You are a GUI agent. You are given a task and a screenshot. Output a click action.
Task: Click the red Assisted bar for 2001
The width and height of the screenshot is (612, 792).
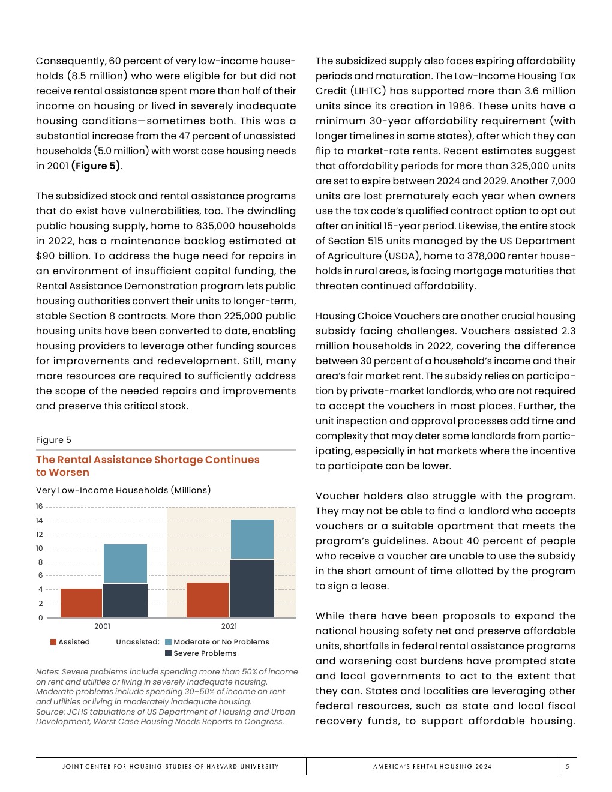click(x=81, y=602)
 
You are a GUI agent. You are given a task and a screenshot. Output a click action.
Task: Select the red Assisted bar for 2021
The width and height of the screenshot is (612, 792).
click(x=207, y=599)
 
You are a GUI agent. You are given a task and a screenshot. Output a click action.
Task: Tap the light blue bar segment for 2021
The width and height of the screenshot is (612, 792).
click(x=252, y=539)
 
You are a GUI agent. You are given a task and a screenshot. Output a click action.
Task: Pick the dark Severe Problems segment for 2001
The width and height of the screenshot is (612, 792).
click(x=125, y=600)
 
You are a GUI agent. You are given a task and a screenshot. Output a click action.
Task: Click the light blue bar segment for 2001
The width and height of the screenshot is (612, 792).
click(x=125, y=563)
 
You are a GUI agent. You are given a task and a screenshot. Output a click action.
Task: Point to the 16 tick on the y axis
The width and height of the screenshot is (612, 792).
click(x=39, y=506)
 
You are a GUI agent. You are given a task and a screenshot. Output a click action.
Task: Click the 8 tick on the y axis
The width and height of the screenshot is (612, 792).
click(x=41, y=562)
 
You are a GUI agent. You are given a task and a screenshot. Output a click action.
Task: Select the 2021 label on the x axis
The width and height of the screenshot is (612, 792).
click(x=229, y=626)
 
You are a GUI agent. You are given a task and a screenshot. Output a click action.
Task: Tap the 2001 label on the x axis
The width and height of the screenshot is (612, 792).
click(x=103, y=626)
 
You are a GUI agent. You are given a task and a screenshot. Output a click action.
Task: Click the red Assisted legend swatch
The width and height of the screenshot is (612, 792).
click(x=53, y=642)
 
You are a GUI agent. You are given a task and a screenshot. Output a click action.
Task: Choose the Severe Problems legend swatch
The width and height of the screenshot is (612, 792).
click(x=169, y=653)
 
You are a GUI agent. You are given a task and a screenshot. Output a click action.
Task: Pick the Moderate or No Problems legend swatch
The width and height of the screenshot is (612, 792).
click(x=169, y=642)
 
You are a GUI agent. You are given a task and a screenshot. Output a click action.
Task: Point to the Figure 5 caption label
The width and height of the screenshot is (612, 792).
click(x=53, y=440)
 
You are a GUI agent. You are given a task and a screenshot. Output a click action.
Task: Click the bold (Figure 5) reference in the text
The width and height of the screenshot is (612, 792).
click(x=96, y=166)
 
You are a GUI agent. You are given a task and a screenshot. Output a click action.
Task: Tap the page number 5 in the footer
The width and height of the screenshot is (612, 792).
click(x=567, y=766)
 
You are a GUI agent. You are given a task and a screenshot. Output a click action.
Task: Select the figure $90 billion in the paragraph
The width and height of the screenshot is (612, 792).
click(x=63, y=256)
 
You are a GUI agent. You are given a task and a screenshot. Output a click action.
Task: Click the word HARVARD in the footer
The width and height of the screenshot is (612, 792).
click(x=221, y=766)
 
